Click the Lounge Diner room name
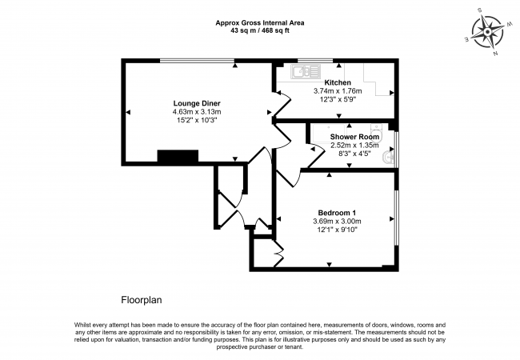[197, 103]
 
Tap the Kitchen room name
[338, 82]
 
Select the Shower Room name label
[353, 137]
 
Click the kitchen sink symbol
[302, 73]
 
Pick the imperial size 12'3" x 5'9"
[338, 99]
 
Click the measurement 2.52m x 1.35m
[353, 145]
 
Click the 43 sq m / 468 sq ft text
[260, 31]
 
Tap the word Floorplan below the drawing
[142, 301]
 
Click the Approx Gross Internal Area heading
[260, 22]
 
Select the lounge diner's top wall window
[197, 61]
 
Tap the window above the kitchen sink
[309, 61]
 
